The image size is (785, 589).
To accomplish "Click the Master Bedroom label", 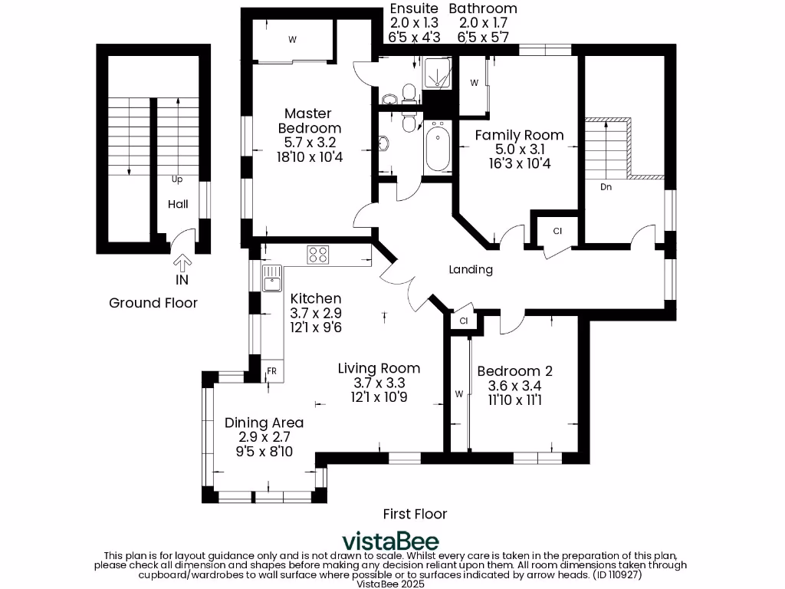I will click(309, 121).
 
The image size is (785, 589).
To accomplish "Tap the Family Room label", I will click(519, 135).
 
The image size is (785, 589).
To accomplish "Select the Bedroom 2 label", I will click(514, 371).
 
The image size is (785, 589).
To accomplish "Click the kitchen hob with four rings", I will click(318, 254).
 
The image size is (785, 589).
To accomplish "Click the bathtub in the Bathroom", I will click(438, 147).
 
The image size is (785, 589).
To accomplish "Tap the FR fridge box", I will click(271, 371).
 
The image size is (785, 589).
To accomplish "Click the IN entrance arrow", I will click(182, 265).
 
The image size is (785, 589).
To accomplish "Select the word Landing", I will click(470, 269).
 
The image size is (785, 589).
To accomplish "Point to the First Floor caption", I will click(415, 513).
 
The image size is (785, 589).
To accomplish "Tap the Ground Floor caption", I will click(153, 303).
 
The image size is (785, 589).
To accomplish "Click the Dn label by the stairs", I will click(606, 186).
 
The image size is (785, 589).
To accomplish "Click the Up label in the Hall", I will click(177, 179).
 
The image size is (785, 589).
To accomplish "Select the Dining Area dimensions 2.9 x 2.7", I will click(264, 437).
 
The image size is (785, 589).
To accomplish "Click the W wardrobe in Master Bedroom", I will click(292, 39).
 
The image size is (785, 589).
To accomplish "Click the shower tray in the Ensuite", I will click(438, 74).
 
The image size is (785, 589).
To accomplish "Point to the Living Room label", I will click(379, 368).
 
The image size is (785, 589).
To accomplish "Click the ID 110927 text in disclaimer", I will click(616, 573).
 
